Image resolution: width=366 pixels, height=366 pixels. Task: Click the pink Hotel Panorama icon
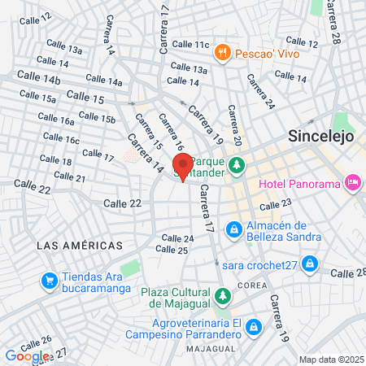(x=353, y=183)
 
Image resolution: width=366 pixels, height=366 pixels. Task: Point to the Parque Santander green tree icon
(x=237, y=166)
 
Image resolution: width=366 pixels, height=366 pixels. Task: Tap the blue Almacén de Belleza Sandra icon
(x=233, y=230)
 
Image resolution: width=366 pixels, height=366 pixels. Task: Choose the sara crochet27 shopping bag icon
(x=309, y=264)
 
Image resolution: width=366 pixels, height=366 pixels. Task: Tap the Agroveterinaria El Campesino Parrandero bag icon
(x=254, y=326)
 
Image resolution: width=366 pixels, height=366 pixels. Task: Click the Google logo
(x=26, y=355)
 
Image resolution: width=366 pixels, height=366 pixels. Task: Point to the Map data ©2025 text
(x=330, y=359)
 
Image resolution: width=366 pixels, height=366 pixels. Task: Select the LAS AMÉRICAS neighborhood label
(x=80, y=245)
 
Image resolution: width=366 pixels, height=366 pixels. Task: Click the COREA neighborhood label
(x=253, y=285)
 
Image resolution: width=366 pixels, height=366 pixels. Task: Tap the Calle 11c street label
(x=191, y=44)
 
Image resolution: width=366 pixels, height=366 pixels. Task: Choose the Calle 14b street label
(x=40, y=80)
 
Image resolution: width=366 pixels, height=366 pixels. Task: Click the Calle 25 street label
(x=174, y=251)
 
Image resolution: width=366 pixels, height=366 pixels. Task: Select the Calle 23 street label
(x=275, y=203)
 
